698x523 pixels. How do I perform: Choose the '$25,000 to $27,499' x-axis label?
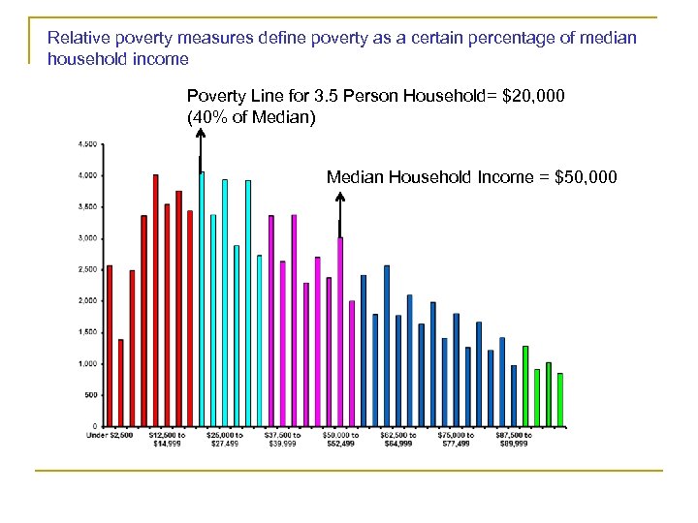pos(225,439)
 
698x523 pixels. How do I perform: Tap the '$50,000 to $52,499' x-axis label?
pos(340,439)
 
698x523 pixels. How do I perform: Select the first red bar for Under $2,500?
pos(110,346)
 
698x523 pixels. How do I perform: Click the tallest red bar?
pos(155,300)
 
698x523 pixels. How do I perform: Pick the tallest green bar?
pos(525,385)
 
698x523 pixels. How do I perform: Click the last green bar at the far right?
pos(560,399)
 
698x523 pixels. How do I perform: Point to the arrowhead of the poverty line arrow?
pos(200,135)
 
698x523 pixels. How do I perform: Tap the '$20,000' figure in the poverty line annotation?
pos(530,97)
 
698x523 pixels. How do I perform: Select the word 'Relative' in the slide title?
pos(77,39)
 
